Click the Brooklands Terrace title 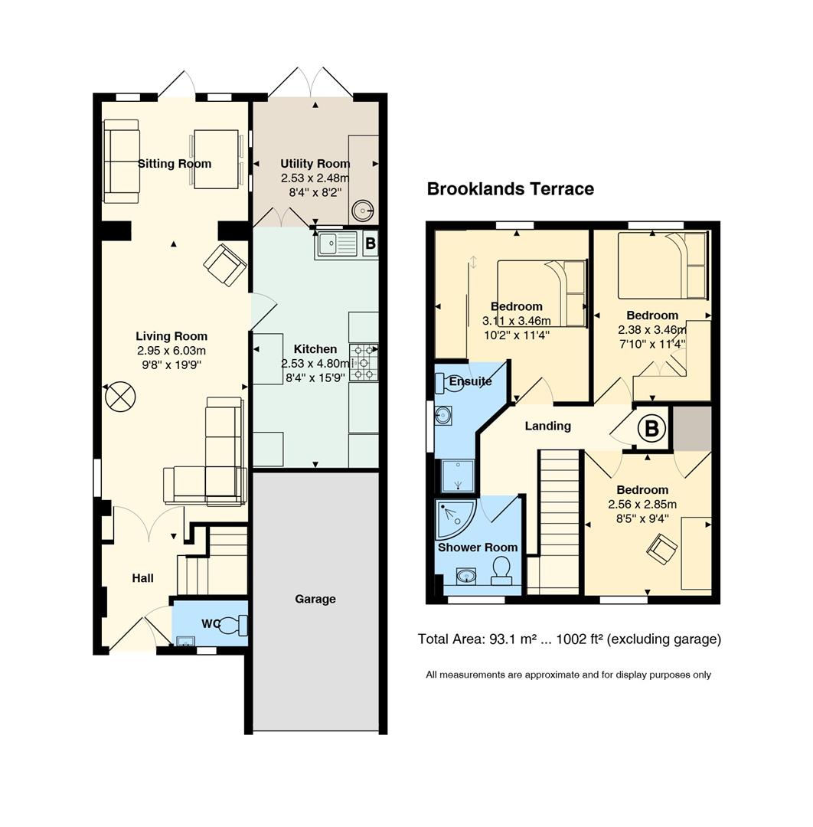tap(510, 189)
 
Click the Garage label tap(315, 599)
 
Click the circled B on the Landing tap(651, 428)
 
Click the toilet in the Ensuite tap(448, 382)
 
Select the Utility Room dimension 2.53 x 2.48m tap(315, 178)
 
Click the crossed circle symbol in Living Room tap(121, 397)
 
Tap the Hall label tap(143, 578)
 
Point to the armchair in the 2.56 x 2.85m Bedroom tap(662, 549)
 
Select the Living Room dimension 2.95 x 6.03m tap(171, 351)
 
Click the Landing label tap(548, 427)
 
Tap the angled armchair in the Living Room tap(225, 265)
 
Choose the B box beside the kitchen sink tap(371, 244)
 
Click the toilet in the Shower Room tap(501, 571)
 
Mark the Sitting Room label tap(175, 164)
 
